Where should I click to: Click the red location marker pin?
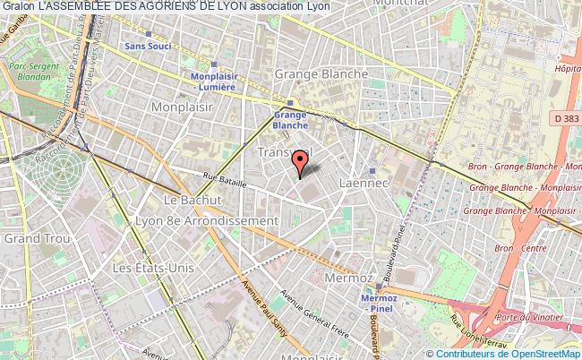tap(302, 162)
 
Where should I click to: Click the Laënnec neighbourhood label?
tap(362, 183)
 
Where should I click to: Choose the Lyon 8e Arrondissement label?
tap(206, 220)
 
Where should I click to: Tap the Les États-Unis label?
tap(145, 268)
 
